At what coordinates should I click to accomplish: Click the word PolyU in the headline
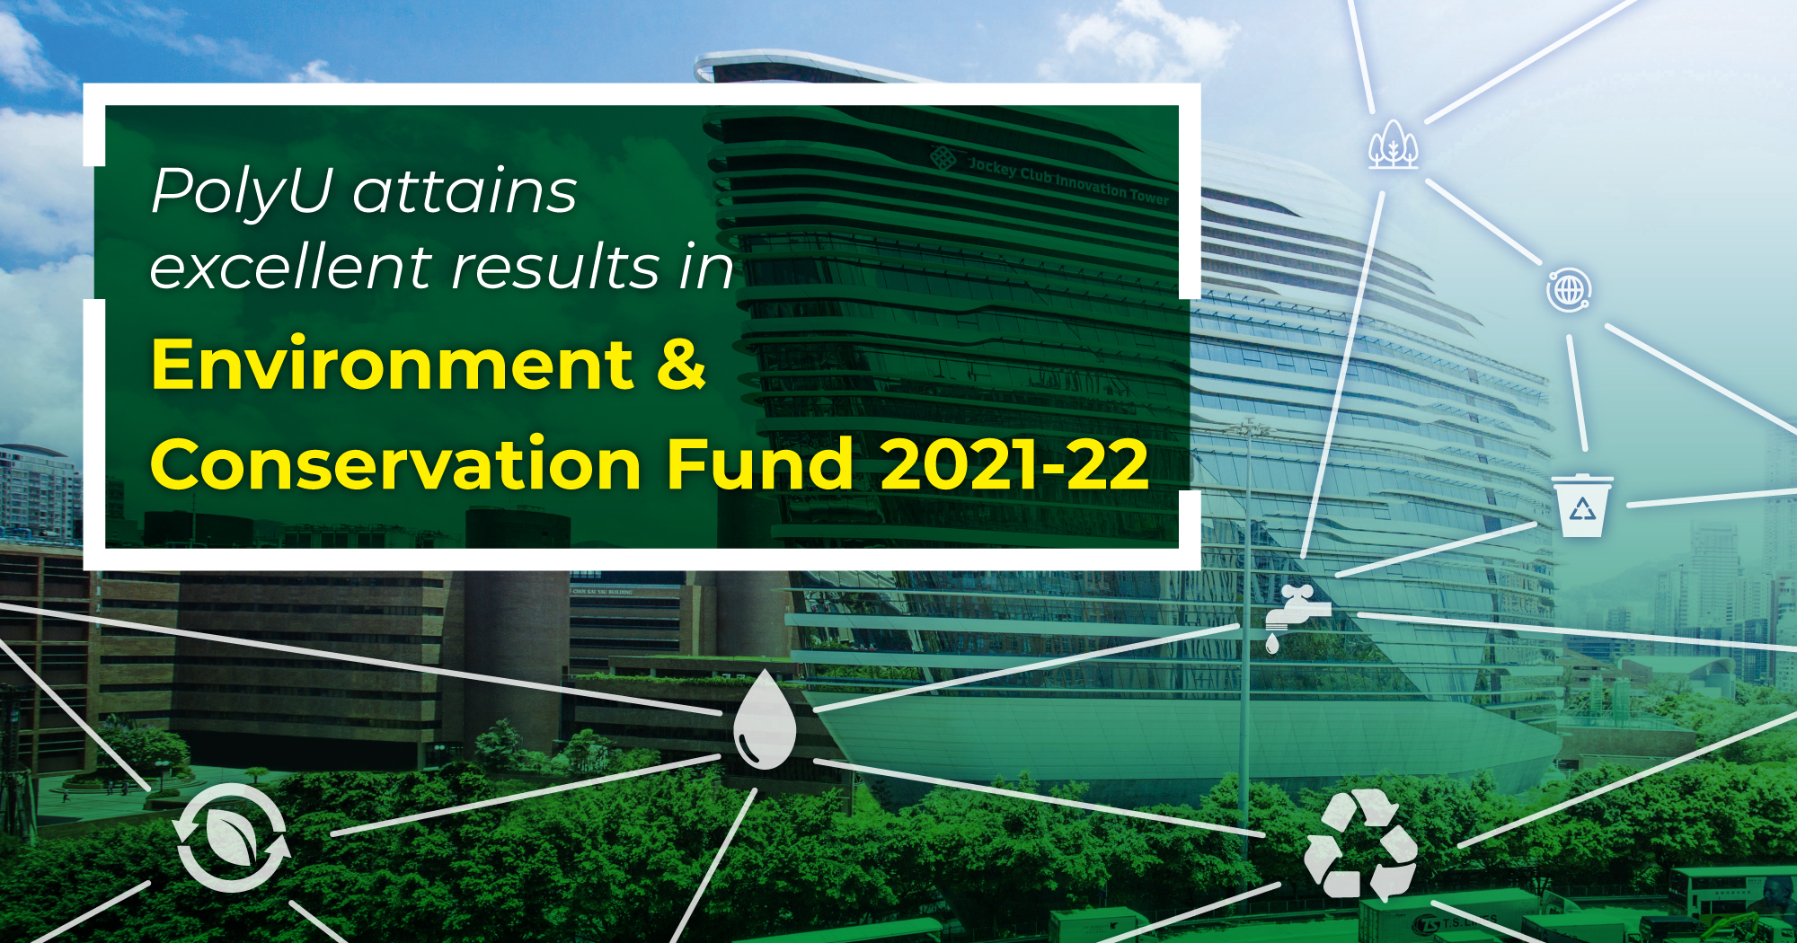[242, 191]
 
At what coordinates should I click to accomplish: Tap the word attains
[465, 191]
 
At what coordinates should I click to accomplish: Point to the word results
[556, 268]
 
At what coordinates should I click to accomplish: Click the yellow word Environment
[393, 365]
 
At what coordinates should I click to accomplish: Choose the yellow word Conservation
[395, 464]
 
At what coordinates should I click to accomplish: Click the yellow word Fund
[759, 464]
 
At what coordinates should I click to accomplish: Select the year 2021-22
[1014, 464]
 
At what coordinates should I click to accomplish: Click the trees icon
[1393, 145]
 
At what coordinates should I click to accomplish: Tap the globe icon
[1569, 290]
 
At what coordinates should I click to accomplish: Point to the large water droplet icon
[765, 720]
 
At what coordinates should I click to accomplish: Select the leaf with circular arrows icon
[233, 837]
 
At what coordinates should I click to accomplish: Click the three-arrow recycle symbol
[1360, 844]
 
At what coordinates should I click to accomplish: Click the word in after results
[706, 268]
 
